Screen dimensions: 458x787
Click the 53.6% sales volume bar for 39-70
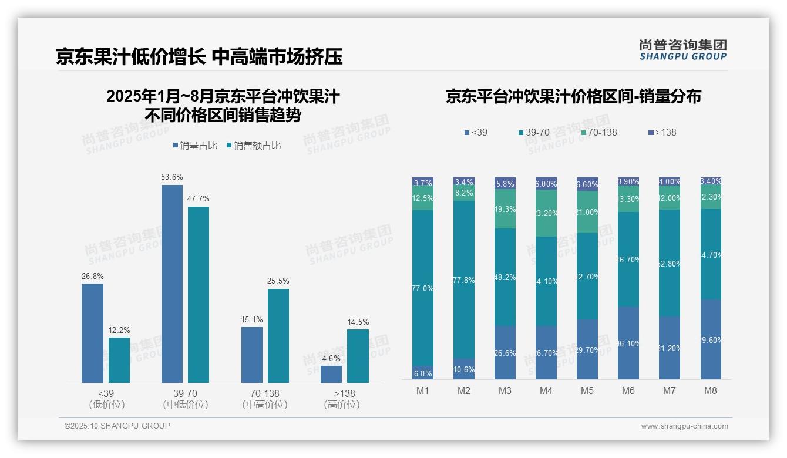click(x=171, y=284)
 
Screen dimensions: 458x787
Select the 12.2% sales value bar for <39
click(x=119, y=360)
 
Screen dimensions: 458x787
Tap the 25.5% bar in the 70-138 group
click(x=278, y=335)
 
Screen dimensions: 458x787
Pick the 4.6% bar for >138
click(x=331, y=374)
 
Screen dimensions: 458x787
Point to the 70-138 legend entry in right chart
click(x=598, y=133)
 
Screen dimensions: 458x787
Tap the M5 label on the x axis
click(x=587, y=391)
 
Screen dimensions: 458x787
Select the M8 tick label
click(x=710, y=391)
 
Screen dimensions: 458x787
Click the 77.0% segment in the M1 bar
click(x=423, y=288)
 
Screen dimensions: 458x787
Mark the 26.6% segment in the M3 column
click(x=505, y=352)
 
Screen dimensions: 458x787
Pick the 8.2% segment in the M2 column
click(x=464, y=193)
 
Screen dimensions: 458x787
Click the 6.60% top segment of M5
click(x=587, y=184)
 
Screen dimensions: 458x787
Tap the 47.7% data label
click(x=198, y=199)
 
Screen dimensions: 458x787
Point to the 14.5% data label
click(x=358, y=322)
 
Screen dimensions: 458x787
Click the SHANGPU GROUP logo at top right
click(x=682, y=50)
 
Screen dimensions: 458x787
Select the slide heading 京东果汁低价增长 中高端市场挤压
click(x=199, y=57)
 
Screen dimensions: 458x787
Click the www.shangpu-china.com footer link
click(x=684, y=426)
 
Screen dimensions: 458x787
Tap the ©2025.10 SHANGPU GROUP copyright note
click(x=117, y=426)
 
